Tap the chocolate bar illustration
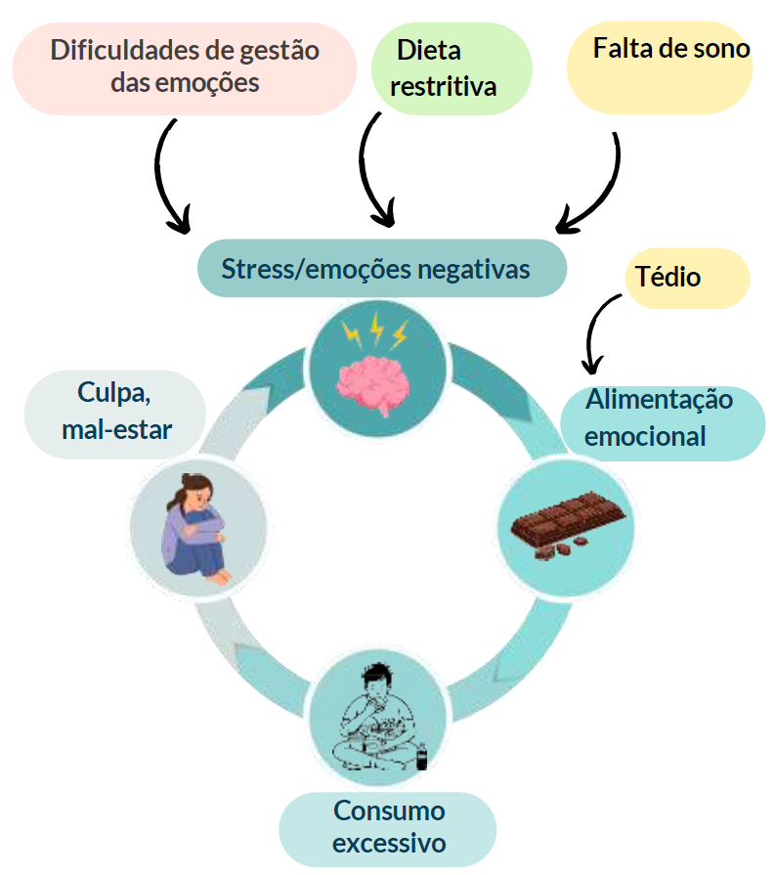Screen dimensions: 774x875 click(568, 523)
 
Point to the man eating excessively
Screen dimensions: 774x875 click(379, 719)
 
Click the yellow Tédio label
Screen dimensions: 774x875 click(687, 278)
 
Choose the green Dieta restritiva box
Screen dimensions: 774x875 click(451, 68)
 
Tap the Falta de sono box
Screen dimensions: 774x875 click(660, 67)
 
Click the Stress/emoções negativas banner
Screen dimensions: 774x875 click(382, 269)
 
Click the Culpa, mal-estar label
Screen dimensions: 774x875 click(115, 415)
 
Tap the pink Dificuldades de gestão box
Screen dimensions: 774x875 click(185, 68)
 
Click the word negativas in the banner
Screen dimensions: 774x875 click(474, 269)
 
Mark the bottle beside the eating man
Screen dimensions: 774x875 click(422, 757)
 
